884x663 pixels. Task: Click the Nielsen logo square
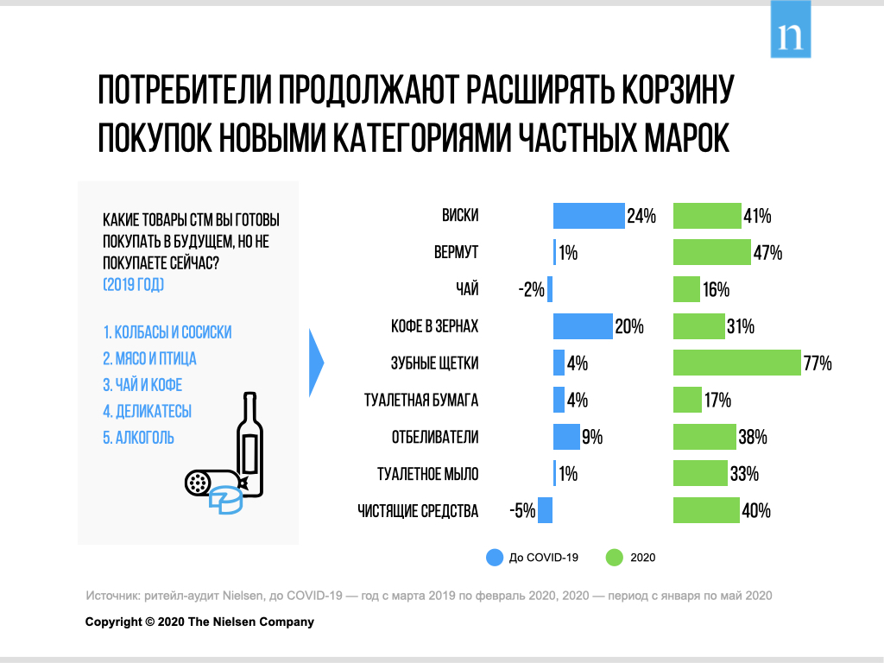click(790, 29)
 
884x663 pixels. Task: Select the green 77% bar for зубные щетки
click(736, 363)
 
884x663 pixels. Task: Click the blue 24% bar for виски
click(588, 216)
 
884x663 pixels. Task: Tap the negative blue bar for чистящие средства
click(545, 511)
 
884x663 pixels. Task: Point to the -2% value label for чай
click(531, 290)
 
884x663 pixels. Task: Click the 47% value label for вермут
click(767, 253)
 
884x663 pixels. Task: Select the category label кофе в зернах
click(434, 327)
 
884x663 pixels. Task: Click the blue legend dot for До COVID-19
click(495, 558)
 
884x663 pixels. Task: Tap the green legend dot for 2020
click(615, 558)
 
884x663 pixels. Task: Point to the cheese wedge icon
click(228, 502)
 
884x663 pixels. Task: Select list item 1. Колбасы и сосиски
click(167, 332)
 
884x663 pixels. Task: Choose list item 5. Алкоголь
click(138, 438)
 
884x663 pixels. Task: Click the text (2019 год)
click(133, 284)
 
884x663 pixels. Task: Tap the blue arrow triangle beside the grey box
click(316, 363)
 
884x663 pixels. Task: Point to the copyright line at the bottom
click(199, 622)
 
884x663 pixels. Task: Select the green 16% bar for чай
click(686, 289)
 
